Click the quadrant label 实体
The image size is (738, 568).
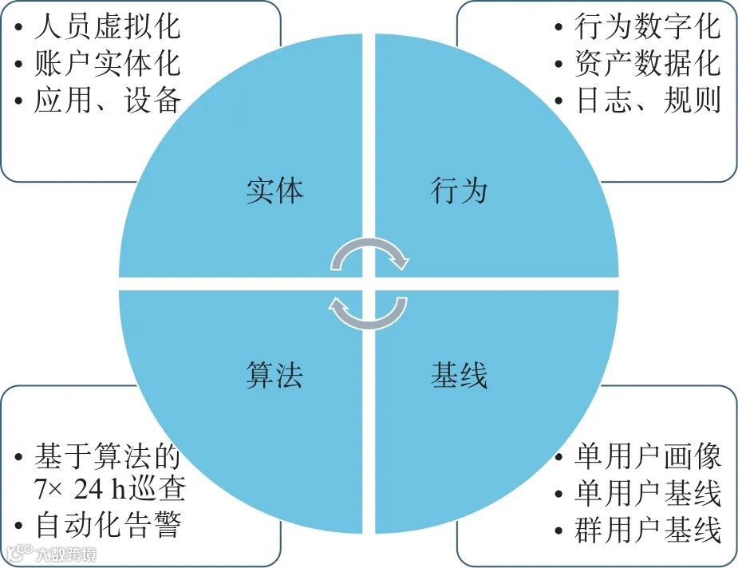[274, 191]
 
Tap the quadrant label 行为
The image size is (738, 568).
[459, 191]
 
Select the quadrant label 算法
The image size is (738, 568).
[274, 375]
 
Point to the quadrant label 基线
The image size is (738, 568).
[459, 375]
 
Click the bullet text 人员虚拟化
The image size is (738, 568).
[108, 27]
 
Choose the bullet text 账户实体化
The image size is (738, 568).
[108, 63]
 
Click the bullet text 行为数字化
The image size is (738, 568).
[647, 27]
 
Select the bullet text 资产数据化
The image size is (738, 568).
[647, 63]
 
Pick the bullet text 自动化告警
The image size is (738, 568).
[108, 526]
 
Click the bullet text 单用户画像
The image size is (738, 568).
[647, 457]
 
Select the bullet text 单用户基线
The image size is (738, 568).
[647, 493]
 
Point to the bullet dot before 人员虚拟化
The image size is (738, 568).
[18, 28]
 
